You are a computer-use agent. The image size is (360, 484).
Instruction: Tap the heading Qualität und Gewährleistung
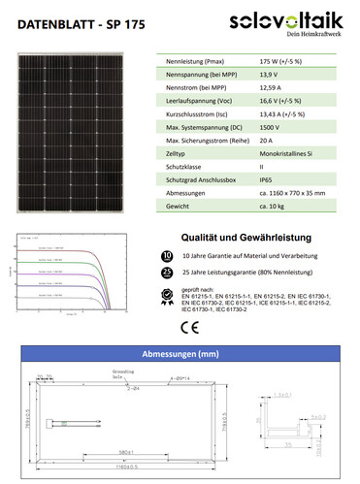[246, 237]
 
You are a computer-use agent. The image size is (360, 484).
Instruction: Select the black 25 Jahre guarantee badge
[167, 274]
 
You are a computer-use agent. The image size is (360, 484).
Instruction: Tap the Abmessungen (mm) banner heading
[180, 354]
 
